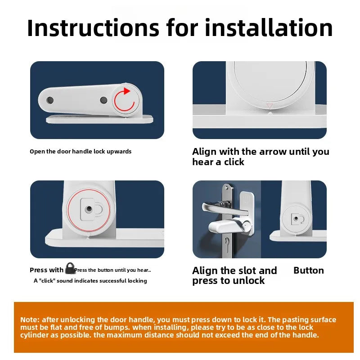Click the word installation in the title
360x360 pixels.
[x=269, y=28]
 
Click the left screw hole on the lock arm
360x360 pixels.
[x=50, y=100]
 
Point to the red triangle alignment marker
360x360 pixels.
[x=270, y=106]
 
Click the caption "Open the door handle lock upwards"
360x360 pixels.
[x=81, y=152]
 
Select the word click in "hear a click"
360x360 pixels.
[x=234, y=162]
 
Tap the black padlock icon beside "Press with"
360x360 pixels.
[x=70, y=268]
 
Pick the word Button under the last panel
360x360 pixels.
[x=309, y=270]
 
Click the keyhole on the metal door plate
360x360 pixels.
[x=227, y=243]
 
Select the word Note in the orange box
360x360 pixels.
[x=28, y=319]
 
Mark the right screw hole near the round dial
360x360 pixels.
[x=104, y=100]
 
